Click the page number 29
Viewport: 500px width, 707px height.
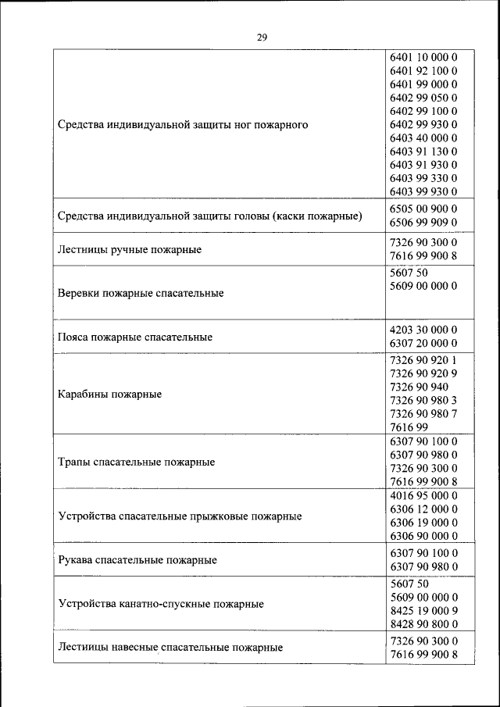pyautogui.click(x=262, y=36)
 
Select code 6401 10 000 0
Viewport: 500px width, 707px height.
pyautogui.click(x=422, y=57)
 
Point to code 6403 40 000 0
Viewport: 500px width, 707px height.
pyautogui.click(x=422, y=137)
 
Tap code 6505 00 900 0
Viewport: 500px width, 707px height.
pyautogui.click(x=422, y=209)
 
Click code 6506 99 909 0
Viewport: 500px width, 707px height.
pyautogui.click(x=422, y=223)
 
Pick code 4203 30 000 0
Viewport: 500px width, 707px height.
pyautogui.click(x=422, y=330)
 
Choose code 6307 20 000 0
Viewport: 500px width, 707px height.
pyautogui.click(x=422, y=344)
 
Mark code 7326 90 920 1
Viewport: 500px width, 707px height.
pyautogui.click(x=422, y=361)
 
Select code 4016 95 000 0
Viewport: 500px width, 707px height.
pyautogui.click(x=422, y=495)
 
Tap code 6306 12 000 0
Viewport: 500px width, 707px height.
pyautogui.click(x=422, y=509)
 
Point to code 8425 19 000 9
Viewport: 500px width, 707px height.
pyautogui.click(x=422, y=610)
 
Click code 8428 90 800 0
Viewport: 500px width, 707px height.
pyautogui.click(x=422, y=623)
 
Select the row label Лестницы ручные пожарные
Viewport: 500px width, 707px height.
pyautogui.click(x=130, y=250)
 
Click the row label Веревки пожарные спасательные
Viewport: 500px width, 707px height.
pyautogui.click(x=141, y=293)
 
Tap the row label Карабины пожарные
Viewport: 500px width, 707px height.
pyautogui.click(x=110, y=395)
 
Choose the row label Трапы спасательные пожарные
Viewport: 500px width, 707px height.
pyautogui.click(x=137, y=462)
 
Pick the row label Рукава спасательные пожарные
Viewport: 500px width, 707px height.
pyautogui.click(x=137, y=560)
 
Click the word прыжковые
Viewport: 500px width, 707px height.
pyautogui.click(x=222, y=516)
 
